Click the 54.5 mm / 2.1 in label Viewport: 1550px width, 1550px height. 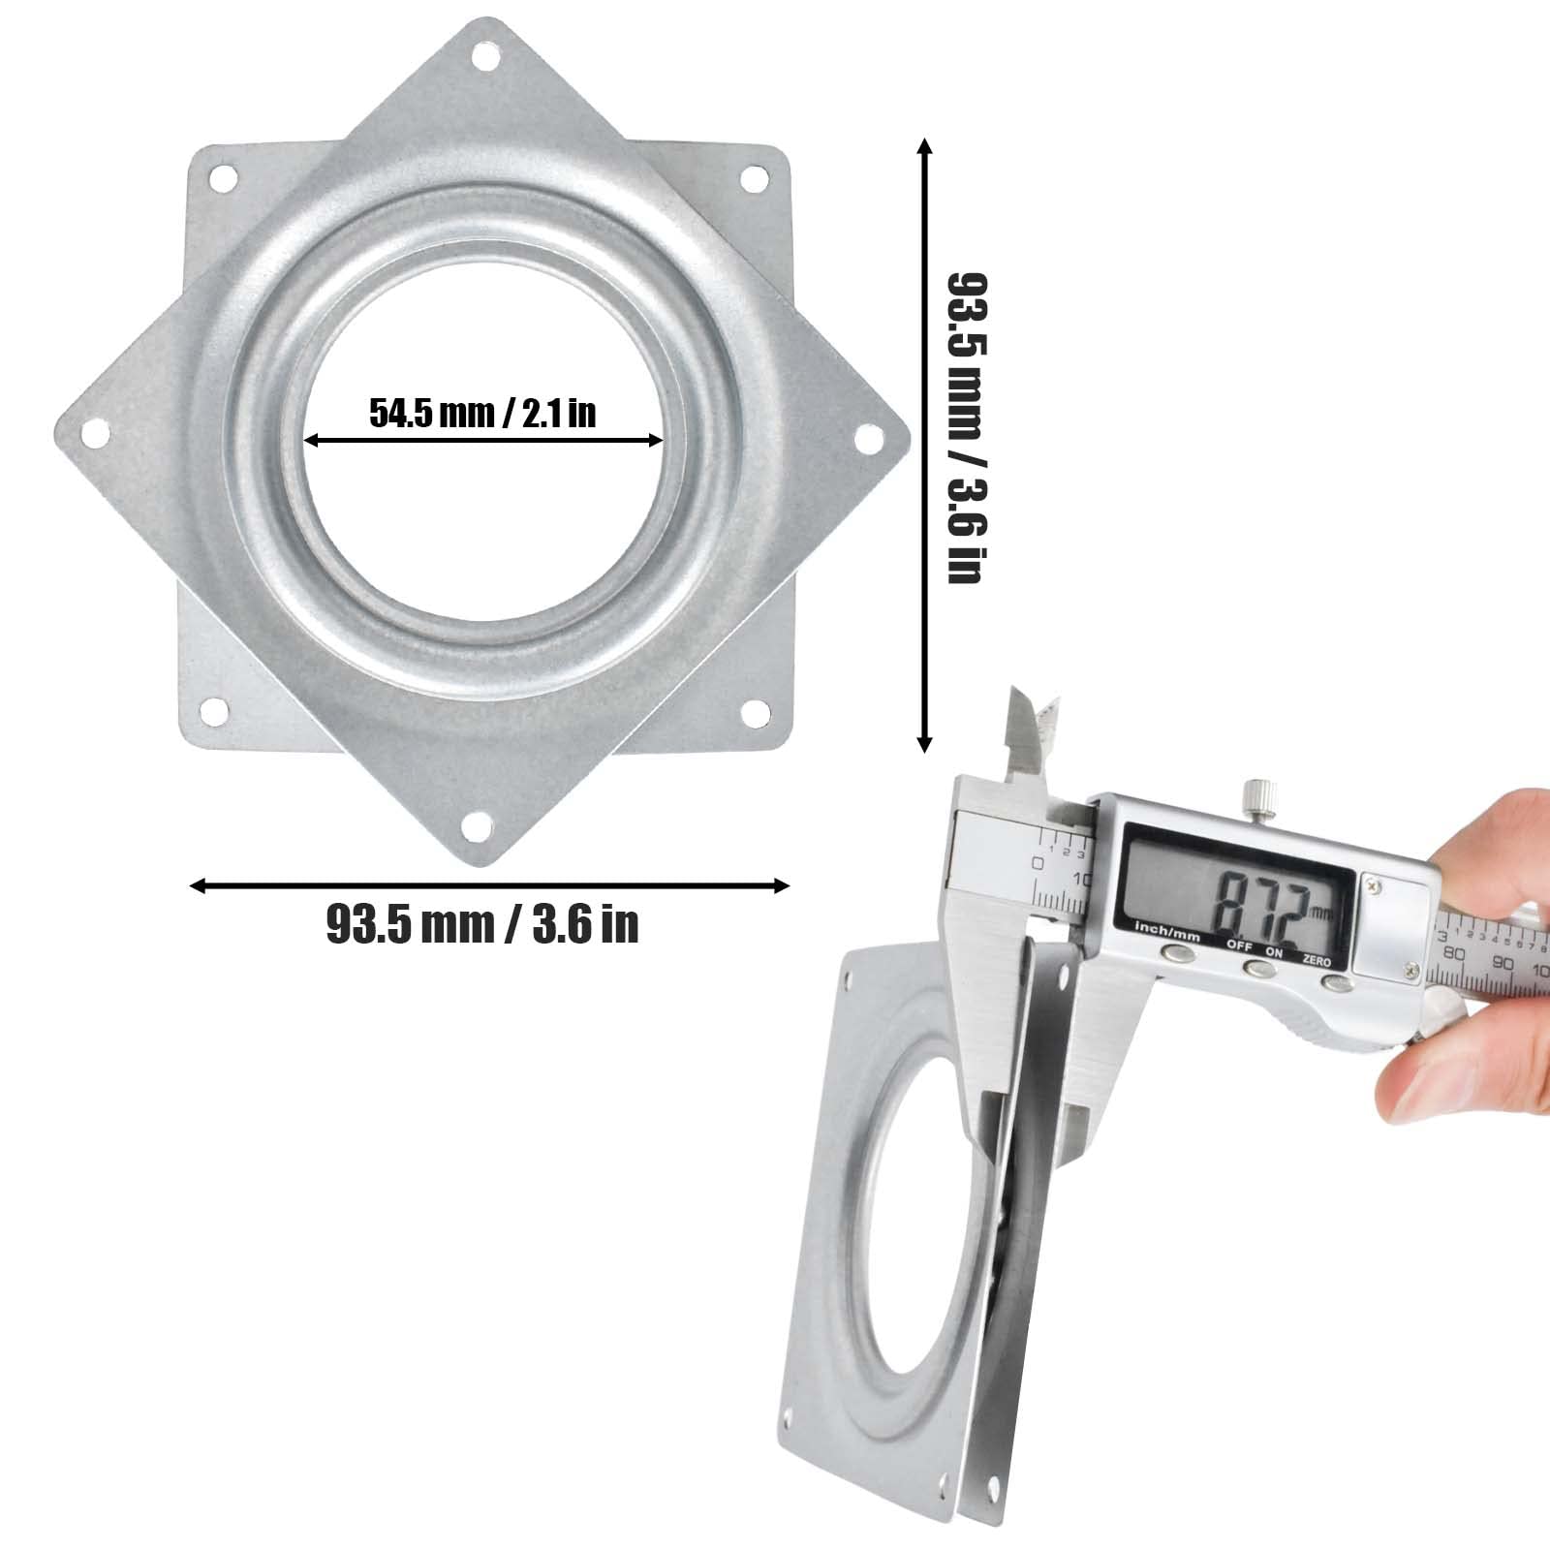pos(482,414)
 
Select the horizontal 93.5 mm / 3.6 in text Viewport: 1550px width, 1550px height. pos(482,923)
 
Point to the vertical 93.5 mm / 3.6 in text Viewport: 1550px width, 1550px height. pos(966,427)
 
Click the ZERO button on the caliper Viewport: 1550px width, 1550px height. pos(1338,983)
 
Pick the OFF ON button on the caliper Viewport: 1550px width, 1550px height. pos(1259,968)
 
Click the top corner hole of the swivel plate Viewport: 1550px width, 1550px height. pos(481,59)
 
